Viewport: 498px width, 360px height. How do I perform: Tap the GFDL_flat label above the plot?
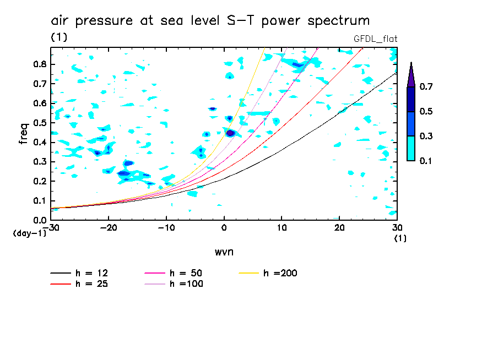375,39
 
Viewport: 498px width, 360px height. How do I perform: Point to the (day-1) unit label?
29,234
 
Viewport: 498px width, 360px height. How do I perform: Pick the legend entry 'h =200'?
280,273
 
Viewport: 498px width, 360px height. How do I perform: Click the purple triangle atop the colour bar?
411,74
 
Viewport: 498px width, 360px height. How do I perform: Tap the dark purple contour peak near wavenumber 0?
231,133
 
